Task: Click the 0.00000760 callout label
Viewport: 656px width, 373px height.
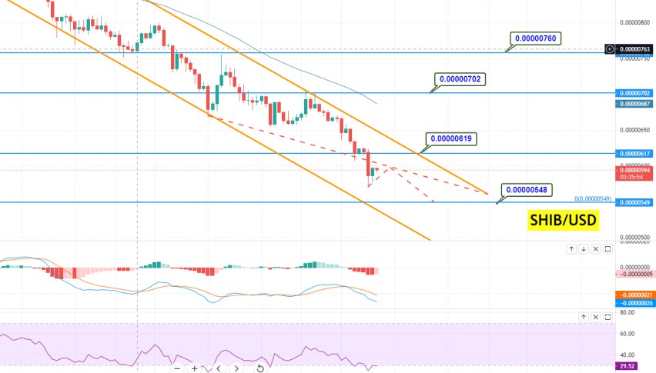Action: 538,38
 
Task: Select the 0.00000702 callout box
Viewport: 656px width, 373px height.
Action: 460,78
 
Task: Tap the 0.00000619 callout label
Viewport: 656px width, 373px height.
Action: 452,139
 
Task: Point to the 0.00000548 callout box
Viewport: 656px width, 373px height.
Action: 527,189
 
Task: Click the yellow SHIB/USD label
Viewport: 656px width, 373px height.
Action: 562,221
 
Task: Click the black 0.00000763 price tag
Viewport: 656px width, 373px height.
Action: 635,48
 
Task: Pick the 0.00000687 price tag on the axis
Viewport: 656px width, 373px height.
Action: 635,103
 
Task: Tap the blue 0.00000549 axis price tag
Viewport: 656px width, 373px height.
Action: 635,202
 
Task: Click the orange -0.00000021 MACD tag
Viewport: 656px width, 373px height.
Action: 635,295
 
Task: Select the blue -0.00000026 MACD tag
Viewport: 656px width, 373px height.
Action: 635,303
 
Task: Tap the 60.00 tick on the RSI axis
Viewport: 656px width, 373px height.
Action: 627,334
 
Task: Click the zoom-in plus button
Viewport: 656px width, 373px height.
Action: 195,368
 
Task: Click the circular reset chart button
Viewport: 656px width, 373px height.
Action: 260,368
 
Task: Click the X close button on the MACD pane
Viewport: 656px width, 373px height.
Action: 596,248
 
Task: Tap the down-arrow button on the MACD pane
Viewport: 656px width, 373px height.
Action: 584,248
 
